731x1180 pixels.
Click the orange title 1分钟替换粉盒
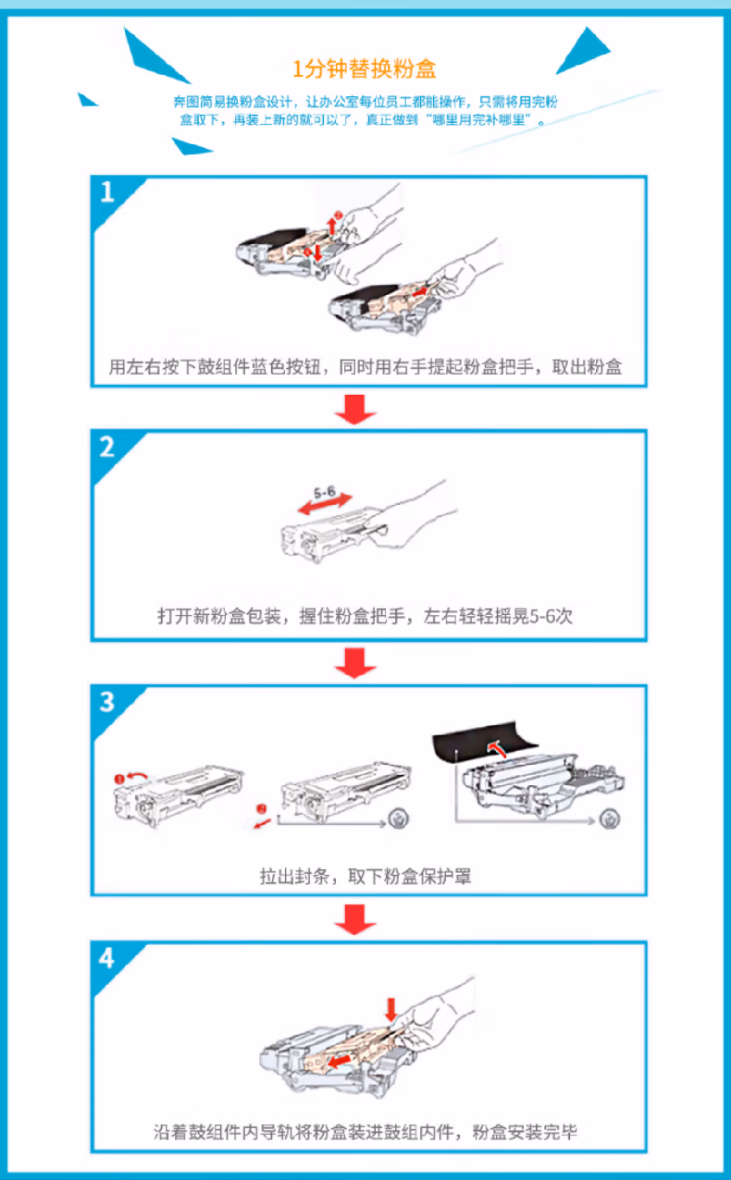pyautogui.click(x=364, y=69)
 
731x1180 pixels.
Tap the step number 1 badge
pyautogui.click(x=108, y=192)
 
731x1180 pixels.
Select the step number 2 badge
pyautogui.click(x=108, y=448)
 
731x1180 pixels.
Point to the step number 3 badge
pyautogui.click(x=108, y=703)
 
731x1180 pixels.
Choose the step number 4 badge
pyautogui.click(x=108, y=958)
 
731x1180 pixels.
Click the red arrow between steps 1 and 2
pyautogui.click(x=354, y=409)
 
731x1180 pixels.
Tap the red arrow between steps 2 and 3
pyautogui.click(x=354, y=662)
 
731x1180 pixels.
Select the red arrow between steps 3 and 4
pyautogui.click(x=354, y=917)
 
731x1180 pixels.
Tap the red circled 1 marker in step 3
pyautogui.click(x=120, y=780)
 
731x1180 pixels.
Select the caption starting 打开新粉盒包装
pyautogui.click(x=365, y=616)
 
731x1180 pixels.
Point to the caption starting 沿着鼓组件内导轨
pyautogui.click(x=365, y=1132)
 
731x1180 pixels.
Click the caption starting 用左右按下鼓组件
pyautogui.click(x=365, y=366)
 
